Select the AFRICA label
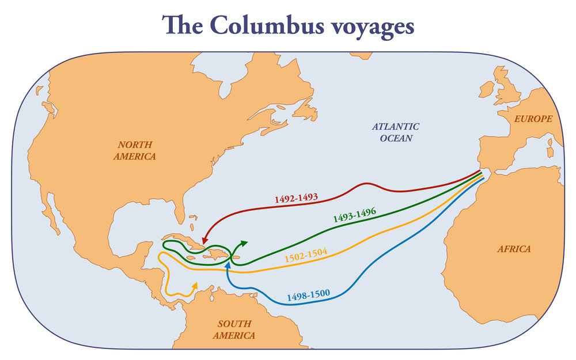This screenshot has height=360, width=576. (x=514, y=249)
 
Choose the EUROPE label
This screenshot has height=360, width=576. (x=535, y=119)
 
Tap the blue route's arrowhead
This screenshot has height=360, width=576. (x=229, y=266)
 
